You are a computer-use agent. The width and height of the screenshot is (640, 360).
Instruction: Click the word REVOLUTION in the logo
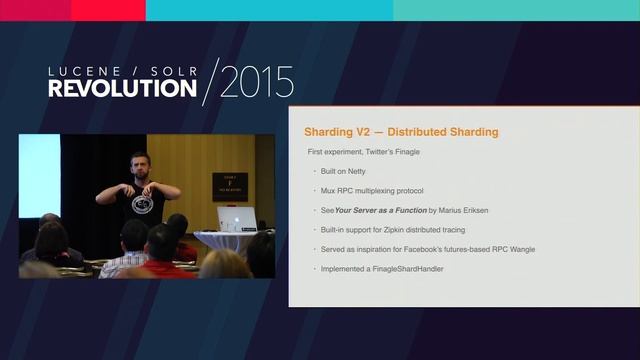click(x=123, y=87)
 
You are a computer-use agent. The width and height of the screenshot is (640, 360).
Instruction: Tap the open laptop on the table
click(x=238, y=220)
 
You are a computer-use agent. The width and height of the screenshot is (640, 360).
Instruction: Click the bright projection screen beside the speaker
click(x=40, y=175)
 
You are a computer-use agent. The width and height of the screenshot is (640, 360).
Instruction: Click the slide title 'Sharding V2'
click(x=339, y=132)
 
